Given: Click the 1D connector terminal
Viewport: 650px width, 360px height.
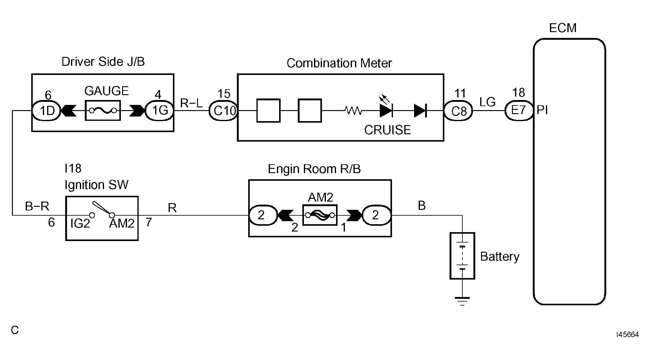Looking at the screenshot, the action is pyautogui.click(x=47, y=110).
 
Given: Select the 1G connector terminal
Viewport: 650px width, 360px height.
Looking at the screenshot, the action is pyautogui.click(x=159, y=110).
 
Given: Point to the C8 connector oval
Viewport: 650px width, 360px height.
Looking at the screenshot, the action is pyautogui.click(x=458, y=110).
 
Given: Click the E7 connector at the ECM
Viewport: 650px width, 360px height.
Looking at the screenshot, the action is pyautogui.click(x=519, y=110).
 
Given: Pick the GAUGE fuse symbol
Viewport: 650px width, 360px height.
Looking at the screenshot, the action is pyautogui.click(x=103, y=110).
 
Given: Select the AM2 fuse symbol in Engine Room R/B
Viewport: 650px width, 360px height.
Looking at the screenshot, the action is pyautogui.click(x=320, y=215).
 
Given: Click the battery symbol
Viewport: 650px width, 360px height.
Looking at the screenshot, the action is pyautogui.click(x=462, y=256).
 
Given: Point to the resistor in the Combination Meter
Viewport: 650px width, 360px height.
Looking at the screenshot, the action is pyautogui.click(x=353, y=110).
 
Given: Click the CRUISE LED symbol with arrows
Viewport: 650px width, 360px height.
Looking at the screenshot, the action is pyautogui.click(x=386, y=107).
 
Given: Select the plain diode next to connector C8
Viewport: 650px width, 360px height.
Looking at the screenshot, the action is pyautogui.click(x=420, y=110).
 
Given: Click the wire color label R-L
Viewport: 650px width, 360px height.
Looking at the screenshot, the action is pyautogui.click(x=191, y=103).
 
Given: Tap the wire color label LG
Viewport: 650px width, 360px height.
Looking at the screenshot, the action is pyautogui.click(x=487, y=102).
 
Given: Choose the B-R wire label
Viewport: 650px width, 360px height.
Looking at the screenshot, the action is pyautogui.click(x=37, y=206).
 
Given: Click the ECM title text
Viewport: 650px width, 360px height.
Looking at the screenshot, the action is pyautogui.click(x=563, y=28).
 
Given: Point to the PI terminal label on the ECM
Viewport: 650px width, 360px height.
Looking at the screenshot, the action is pyautogui.click(x=542, y=110).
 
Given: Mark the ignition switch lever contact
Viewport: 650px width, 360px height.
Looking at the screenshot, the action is pyautogui.click(x=103, y=208).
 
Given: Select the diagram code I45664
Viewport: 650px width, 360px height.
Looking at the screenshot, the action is pyautogui.click(x=627, y=335).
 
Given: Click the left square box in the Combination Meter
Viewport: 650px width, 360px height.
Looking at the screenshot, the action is pyautogui.click(x=268, y=110).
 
